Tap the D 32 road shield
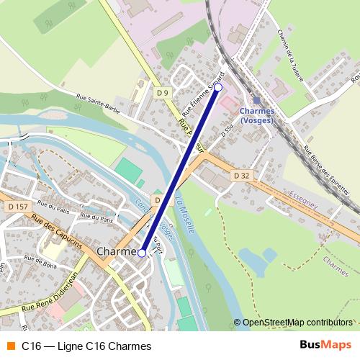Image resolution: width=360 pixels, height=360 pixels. click(241, 175)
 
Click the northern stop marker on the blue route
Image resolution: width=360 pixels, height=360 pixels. click(219, 87)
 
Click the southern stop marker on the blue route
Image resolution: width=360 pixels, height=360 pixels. click(142, 253)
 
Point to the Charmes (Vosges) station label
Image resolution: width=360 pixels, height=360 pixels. click(257, 117)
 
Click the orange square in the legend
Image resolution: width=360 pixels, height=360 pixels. click(10, 346)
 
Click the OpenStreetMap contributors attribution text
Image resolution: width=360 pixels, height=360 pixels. click(297, 323)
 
